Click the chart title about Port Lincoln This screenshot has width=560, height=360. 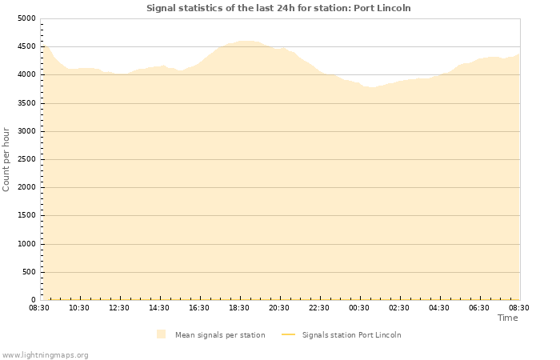pyautogui.click(x=278, y=8)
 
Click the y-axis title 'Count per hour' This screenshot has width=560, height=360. pyautogui.click(x=6, y=159)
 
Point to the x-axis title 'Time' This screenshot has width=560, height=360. pyautogui.click(x=507, y=318)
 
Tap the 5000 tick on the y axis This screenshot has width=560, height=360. pyautogui.click(x=26, y=18)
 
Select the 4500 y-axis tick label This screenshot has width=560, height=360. pyautogui.click(x=26, y=46)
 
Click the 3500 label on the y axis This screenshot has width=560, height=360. pyautogui.click(x=26, y=103)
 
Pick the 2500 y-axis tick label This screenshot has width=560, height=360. pyautogui.click(x=26, y=159)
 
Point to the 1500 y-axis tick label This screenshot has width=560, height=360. pyautogui.click(x=26, y=216)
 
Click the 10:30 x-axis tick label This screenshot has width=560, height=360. pyautogui.click(x=79, y=308)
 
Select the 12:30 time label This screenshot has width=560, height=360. pyautogui.click(x=119, y=308)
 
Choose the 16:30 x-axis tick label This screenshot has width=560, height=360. pyautogui.click(x=199, y=308)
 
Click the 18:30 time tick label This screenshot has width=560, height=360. pyautogui.click(x=239, y=308)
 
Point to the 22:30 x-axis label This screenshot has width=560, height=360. pyautogui.click(x=319, y=308)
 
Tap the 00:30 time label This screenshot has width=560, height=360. pyautogui.click(x=359, y=308)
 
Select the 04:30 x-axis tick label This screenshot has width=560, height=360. pyautogui.click(x=439, y=308)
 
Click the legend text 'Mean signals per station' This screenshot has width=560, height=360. pyautogui.click(x=220, y=335)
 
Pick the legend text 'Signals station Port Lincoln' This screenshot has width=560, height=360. pyautogui.click(x=351, y=335)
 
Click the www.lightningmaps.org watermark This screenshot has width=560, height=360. pyautogui.click(x=45, y=354)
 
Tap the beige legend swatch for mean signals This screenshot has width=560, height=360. pyautogui.click(x=162, y=334)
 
